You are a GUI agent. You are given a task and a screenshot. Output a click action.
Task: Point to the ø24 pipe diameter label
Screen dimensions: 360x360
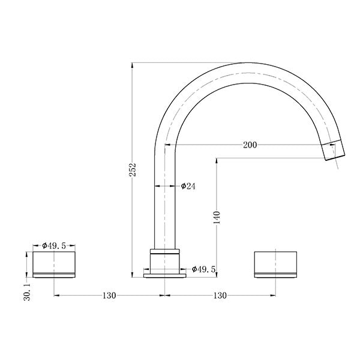[x=188, y=186]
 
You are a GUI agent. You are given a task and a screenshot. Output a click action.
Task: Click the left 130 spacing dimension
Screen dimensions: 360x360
[x=108, y=295]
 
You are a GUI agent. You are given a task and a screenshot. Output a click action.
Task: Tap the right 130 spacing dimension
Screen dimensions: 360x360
[x=220, y=295]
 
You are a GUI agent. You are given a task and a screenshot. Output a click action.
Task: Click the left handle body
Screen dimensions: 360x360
[x=55, y=264]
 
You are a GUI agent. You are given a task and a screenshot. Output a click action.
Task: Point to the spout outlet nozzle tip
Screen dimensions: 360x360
[x=335, y=150]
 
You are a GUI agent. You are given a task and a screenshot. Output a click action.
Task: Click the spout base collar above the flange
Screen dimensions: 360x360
[x=164, y=259]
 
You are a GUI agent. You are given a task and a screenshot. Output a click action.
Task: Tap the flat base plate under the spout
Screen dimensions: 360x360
[x=164, y=275]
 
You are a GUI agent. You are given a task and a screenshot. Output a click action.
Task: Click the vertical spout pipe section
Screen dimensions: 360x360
[x=164, y=198]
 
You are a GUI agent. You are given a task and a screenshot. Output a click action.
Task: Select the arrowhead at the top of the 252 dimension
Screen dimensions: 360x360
[x=133, y=64]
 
